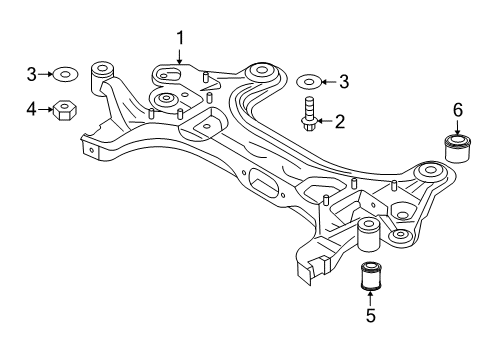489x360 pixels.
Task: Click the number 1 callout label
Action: (180, 37)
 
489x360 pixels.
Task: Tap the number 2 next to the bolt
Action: (340, 122)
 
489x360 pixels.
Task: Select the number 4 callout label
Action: (31, 108)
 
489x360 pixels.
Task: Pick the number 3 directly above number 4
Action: (31, 73)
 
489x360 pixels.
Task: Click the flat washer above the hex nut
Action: (67, 73)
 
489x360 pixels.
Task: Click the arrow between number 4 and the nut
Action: (45, 108)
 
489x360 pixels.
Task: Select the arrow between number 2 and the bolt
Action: (326, 122)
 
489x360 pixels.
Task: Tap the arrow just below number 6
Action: (458, 124)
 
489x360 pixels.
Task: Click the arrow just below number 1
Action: (180, 56)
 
